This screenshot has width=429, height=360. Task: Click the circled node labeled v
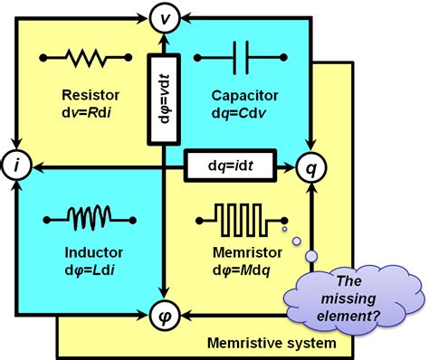pyautogui.click(x=163, y=16)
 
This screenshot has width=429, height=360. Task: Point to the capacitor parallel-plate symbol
pyautogui.click(x=238, y=61)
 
